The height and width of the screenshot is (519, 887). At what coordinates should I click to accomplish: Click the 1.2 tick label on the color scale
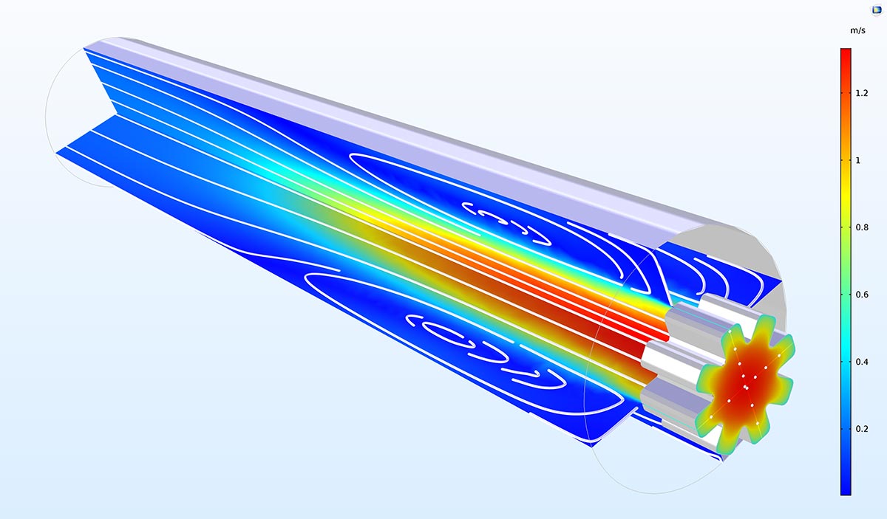point(862,93)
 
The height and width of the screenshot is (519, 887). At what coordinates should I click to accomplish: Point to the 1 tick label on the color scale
point(857,161)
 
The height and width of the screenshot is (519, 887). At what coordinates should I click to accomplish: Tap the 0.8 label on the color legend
point(862,227)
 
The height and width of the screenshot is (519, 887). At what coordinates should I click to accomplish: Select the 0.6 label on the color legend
point(862,295)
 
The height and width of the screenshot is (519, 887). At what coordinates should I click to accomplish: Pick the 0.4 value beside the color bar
point(862,362)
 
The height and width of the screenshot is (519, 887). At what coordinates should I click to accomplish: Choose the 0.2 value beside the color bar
point(862,429)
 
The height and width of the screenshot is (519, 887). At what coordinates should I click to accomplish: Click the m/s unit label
point(857,30)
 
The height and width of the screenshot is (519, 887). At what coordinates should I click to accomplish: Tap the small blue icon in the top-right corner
point(877,10)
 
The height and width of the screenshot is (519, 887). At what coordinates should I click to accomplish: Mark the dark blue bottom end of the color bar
point(846,491)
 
